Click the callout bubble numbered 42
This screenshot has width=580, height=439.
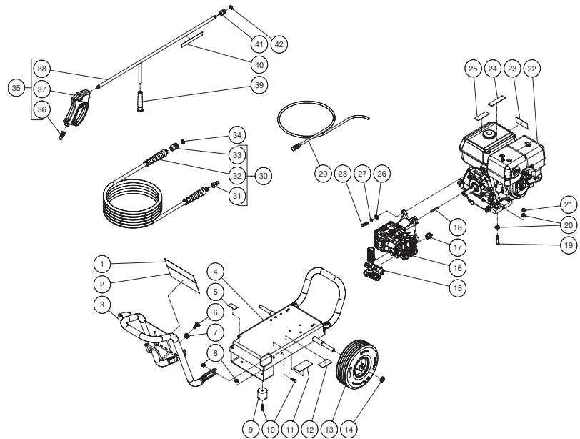pyautogui.click(x=279, y=44)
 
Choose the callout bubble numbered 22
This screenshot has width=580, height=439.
pyautogui.click(x=531, y=69)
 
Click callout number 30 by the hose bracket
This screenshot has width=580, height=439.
pyautogui.click(x=264, y=174)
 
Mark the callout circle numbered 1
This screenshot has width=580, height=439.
pyautogui.click(x=102, y=263)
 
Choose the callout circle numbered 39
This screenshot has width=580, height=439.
pyautogui.click(x=259, y=85)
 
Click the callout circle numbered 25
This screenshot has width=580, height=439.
pyautogui.click(x=472, y=69)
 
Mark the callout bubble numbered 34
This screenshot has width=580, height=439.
pyautogui.click(x=237, y=134)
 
